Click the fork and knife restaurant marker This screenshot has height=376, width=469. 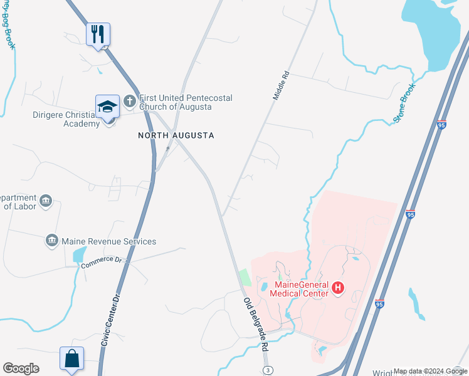(98, 34)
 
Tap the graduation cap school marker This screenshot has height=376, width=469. (107, 106)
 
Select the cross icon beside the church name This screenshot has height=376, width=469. (130, 100)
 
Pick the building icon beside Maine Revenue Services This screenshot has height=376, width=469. (53, 241)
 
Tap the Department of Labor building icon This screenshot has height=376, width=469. (45, 201)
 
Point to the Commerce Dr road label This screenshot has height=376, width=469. (100, 263)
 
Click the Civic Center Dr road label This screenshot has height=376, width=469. (110, 320)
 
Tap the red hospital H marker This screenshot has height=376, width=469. (338, 288)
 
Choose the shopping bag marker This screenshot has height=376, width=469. (73, 358)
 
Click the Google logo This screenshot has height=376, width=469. (21, 368)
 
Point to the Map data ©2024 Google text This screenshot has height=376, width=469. (429, 371)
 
